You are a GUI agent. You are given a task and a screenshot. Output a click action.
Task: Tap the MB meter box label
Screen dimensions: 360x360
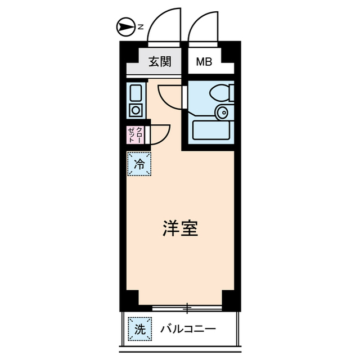tap(204, 62)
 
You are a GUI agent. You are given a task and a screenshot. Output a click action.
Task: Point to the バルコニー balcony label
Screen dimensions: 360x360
tap(187, 330)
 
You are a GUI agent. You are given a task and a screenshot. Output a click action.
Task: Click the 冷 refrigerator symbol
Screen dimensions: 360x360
tap(139, 165)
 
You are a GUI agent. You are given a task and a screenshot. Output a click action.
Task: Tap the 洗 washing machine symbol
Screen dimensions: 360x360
tap(139, 330)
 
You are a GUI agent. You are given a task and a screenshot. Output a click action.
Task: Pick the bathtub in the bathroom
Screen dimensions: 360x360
tap(211, 131)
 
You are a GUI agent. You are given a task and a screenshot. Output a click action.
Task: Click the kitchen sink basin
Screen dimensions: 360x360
tap(136, 92)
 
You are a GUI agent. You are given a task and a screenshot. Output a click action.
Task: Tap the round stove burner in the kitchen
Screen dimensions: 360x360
tap(136, 109)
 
